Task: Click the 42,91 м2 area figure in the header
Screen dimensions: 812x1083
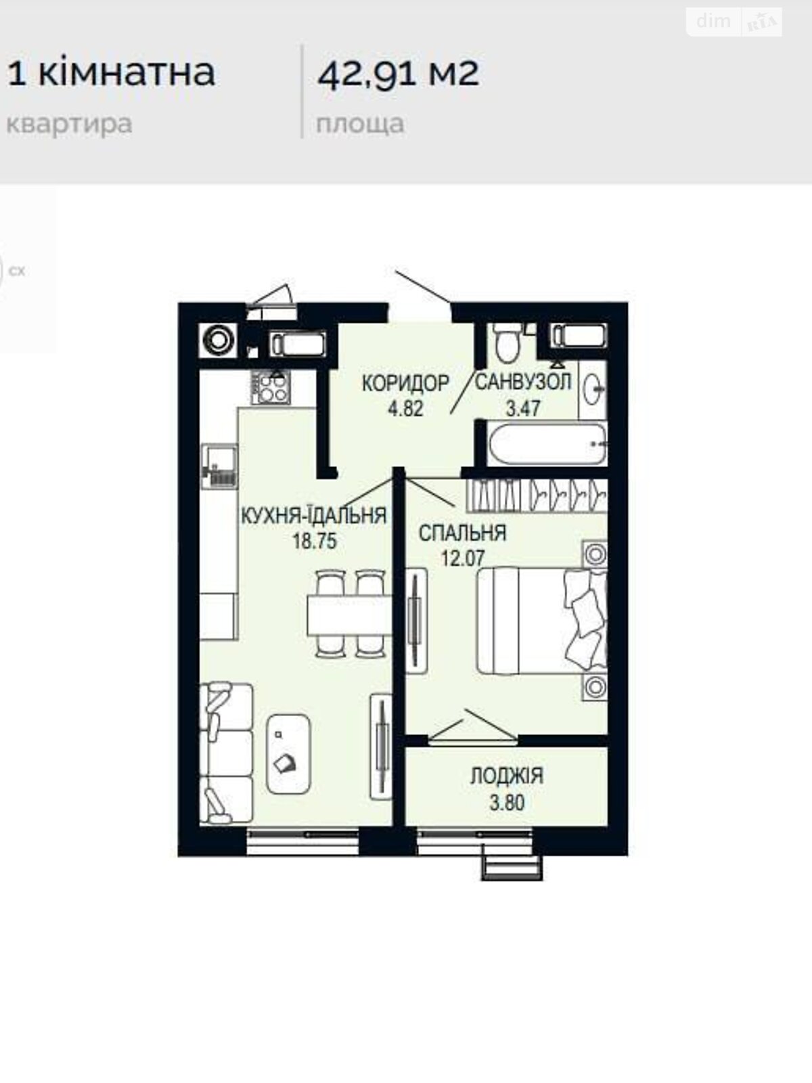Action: [x=398, y=74]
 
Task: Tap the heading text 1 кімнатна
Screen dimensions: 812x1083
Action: [x=111, y=73]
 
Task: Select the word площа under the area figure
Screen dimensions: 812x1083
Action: [x=360, y=124]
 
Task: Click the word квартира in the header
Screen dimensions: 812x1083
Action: [x=69, y=125]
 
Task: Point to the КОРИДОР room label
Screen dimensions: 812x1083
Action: [x=405, y=383]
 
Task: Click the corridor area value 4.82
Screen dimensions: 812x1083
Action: [x=405, y=409]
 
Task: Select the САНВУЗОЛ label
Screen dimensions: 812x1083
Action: [x=522, y=382]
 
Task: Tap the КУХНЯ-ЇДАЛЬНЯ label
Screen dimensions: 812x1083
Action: [x=313, y=515]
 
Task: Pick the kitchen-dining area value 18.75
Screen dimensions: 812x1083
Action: [x=315, y=541]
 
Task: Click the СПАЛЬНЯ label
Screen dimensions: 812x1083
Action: [x=462, y=533]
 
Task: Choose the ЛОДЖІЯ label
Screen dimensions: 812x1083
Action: [x=507, y=776]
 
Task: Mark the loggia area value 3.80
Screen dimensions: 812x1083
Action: [x=507, y=803]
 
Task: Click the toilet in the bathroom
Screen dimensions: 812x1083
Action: [x=507, y=341]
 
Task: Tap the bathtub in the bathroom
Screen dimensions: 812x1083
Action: [x=547, y=444]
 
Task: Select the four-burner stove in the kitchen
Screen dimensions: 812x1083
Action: [x=270, y=388]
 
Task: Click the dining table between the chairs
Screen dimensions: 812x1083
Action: [x=349, y=615]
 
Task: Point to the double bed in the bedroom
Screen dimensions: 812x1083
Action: [x=541, y=621]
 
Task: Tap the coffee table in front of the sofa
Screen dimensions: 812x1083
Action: [x=288, y=754]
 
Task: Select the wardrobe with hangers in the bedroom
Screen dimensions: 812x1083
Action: [x=537, y=495]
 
